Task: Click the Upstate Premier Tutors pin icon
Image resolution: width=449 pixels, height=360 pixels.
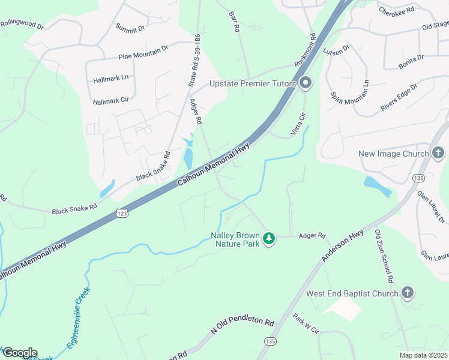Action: pos(306,83)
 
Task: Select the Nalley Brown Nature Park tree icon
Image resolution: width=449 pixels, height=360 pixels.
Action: pos(270,239)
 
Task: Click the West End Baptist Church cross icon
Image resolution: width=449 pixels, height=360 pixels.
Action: pos(408,293)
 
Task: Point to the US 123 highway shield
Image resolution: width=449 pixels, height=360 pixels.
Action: pos(121,214)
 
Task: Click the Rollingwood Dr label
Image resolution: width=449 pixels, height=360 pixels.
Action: pos(22,25)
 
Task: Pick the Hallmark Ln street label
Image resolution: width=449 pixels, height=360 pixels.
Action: pos(111,79)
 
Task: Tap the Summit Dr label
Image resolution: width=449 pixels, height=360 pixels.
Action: pos(130,28)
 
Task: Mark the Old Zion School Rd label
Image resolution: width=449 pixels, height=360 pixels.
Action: pos(384,256)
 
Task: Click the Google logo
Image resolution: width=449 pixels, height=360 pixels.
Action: pos(19,353)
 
